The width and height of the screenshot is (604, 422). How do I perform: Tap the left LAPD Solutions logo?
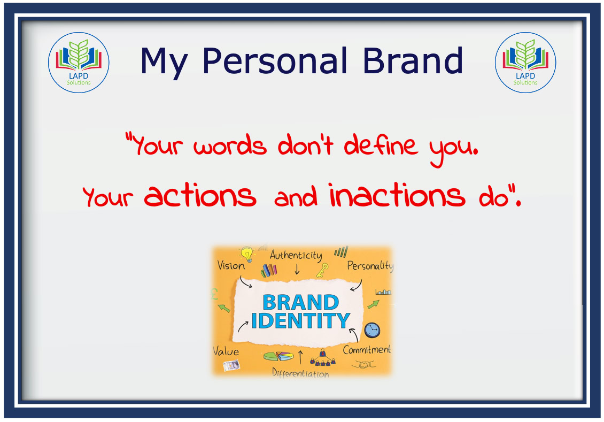click(x=79, y=63)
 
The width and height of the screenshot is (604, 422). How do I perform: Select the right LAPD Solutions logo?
click(x=525, y=63)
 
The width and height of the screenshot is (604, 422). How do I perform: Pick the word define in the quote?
click(x=381, y=145)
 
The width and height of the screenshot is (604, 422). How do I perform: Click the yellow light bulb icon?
click(x=247, y=255)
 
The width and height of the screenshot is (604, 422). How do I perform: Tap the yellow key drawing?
click(x=322, y=270)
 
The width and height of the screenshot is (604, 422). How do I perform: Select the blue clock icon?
click(x=372, y=331)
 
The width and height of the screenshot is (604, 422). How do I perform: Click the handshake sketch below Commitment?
click(x=363, y=364)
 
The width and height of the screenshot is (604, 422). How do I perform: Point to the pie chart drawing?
click(x=278, y=356)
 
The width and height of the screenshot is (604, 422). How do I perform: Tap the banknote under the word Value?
click(x=231, y=365)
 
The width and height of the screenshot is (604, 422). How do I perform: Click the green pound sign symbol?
click(x=214, y=294)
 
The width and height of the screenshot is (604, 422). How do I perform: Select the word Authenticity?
click(x=296, y=255)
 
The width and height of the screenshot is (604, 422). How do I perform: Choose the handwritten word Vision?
click(x=231, y=265)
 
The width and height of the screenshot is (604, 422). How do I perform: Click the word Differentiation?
click(x=300, y=373)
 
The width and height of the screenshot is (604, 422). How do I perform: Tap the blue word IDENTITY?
click(x=300, y=320)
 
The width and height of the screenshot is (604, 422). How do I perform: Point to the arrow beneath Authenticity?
click(x=297, y=269)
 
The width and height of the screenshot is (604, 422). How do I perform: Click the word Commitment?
click(x=367, y=350)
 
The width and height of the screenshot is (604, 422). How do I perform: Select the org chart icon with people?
click(x=323, y=357)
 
